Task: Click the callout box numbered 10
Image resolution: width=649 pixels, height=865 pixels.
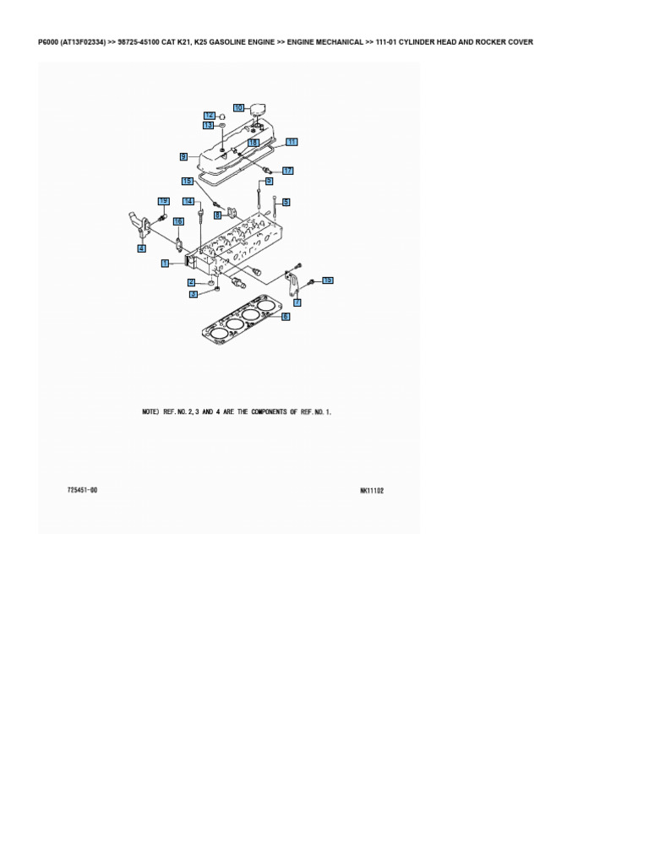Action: (x=238, y=107)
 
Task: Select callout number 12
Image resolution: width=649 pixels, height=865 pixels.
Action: (x=209, y=115)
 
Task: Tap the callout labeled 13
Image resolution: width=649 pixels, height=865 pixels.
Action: (x=208, y=125)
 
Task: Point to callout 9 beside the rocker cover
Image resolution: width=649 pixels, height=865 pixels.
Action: (x=183, y=156)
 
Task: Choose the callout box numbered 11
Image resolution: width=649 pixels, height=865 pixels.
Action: (x=292, y=142)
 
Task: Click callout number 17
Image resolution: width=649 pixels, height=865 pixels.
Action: (x=287, y=171)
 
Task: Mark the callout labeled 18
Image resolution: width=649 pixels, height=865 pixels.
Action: (x=253, y=144)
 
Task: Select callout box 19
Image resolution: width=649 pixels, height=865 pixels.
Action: (x=164, y=200)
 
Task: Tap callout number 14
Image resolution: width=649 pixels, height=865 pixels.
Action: (x=188, y=201)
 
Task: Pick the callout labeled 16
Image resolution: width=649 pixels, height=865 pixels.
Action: (x=178, y=221)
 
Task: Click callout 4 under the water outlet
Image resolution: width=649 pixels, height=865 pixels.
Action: (x=142, y=248)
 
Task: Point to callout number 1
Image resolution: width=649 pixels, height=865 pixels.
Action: (x=166, y=264)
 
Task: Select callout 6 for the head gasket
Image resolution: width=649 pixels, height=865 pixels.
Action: (x=286, y=316)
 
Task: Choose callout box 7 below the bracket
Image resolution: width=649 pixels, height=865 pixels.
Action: (x=297, y=301)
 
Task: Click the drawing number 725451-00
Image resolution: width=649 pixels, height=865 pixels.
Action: (x=82, y=490)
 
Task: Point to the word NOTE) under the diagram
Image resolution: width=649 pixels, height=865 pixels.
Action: (x=150, y=411)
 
